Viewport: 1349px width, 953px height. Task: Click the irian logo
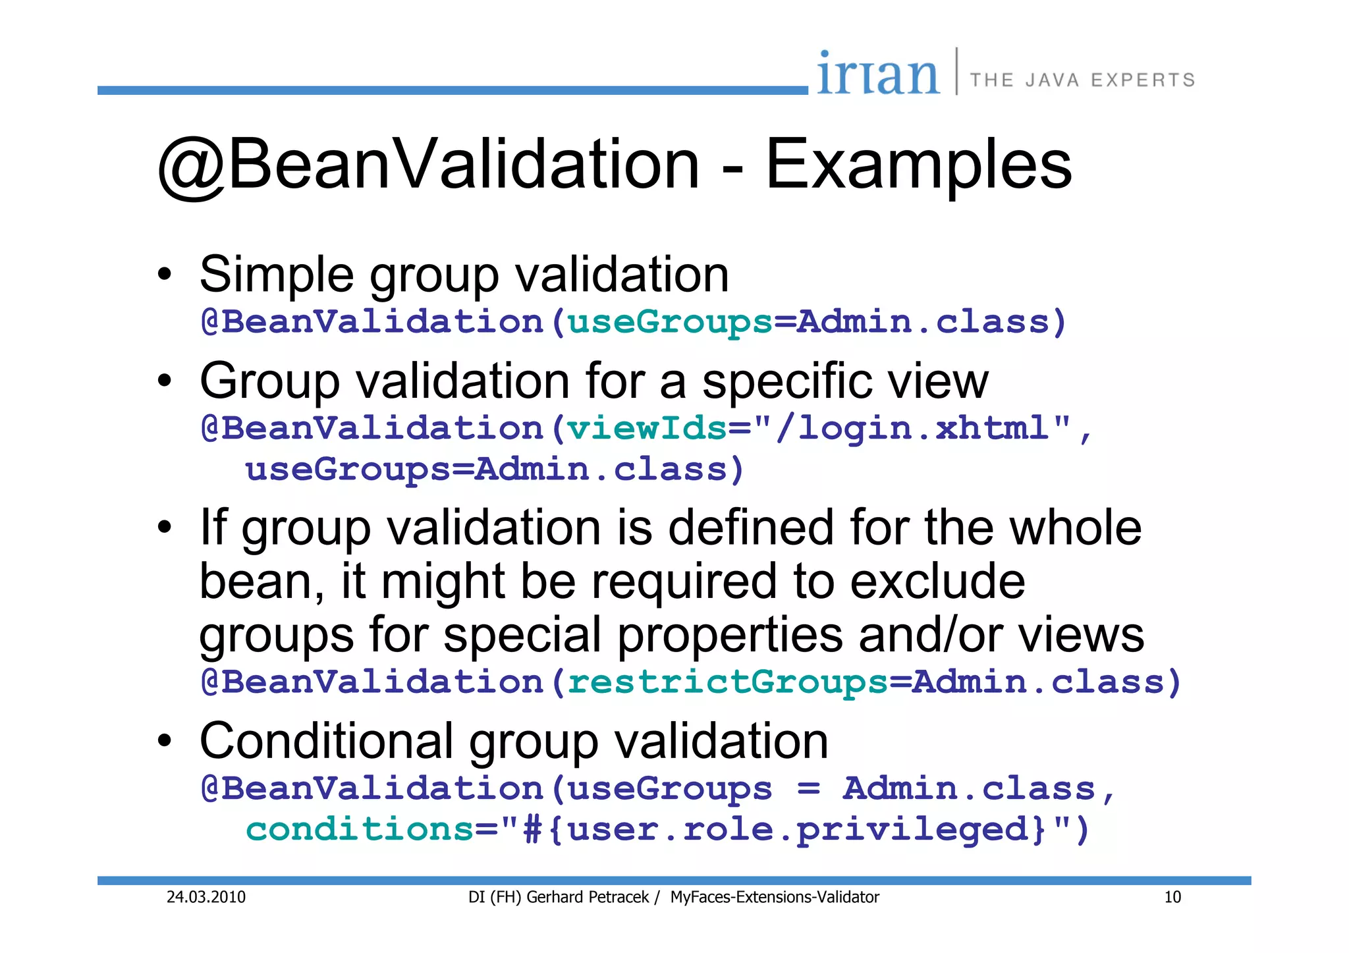877,74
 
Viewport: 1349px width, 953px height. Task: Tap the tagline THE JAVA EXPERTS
1082,80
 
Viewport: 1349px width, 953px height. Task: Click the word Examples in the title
919,165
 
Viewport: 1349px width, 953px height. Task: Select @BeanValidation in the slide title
428,165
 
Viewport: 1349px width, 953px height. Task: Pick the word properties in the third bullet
730,635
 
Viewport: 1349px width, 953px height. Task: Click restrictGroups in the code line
727,682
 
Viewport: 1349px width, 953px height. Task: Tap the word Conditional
326,741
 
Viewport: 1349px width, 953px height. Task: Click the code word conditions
360,829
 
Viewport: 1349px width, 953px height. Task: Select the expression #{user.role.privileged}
783,829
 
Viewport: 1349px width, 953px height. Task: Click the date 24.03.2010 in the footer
206,897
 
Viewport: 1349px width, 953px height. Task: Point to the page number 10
1172,897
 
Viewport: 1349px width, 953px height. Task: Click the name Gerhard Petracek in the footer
588,897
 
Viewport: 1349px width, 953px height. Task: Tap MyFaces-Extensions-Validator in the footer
775,897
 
